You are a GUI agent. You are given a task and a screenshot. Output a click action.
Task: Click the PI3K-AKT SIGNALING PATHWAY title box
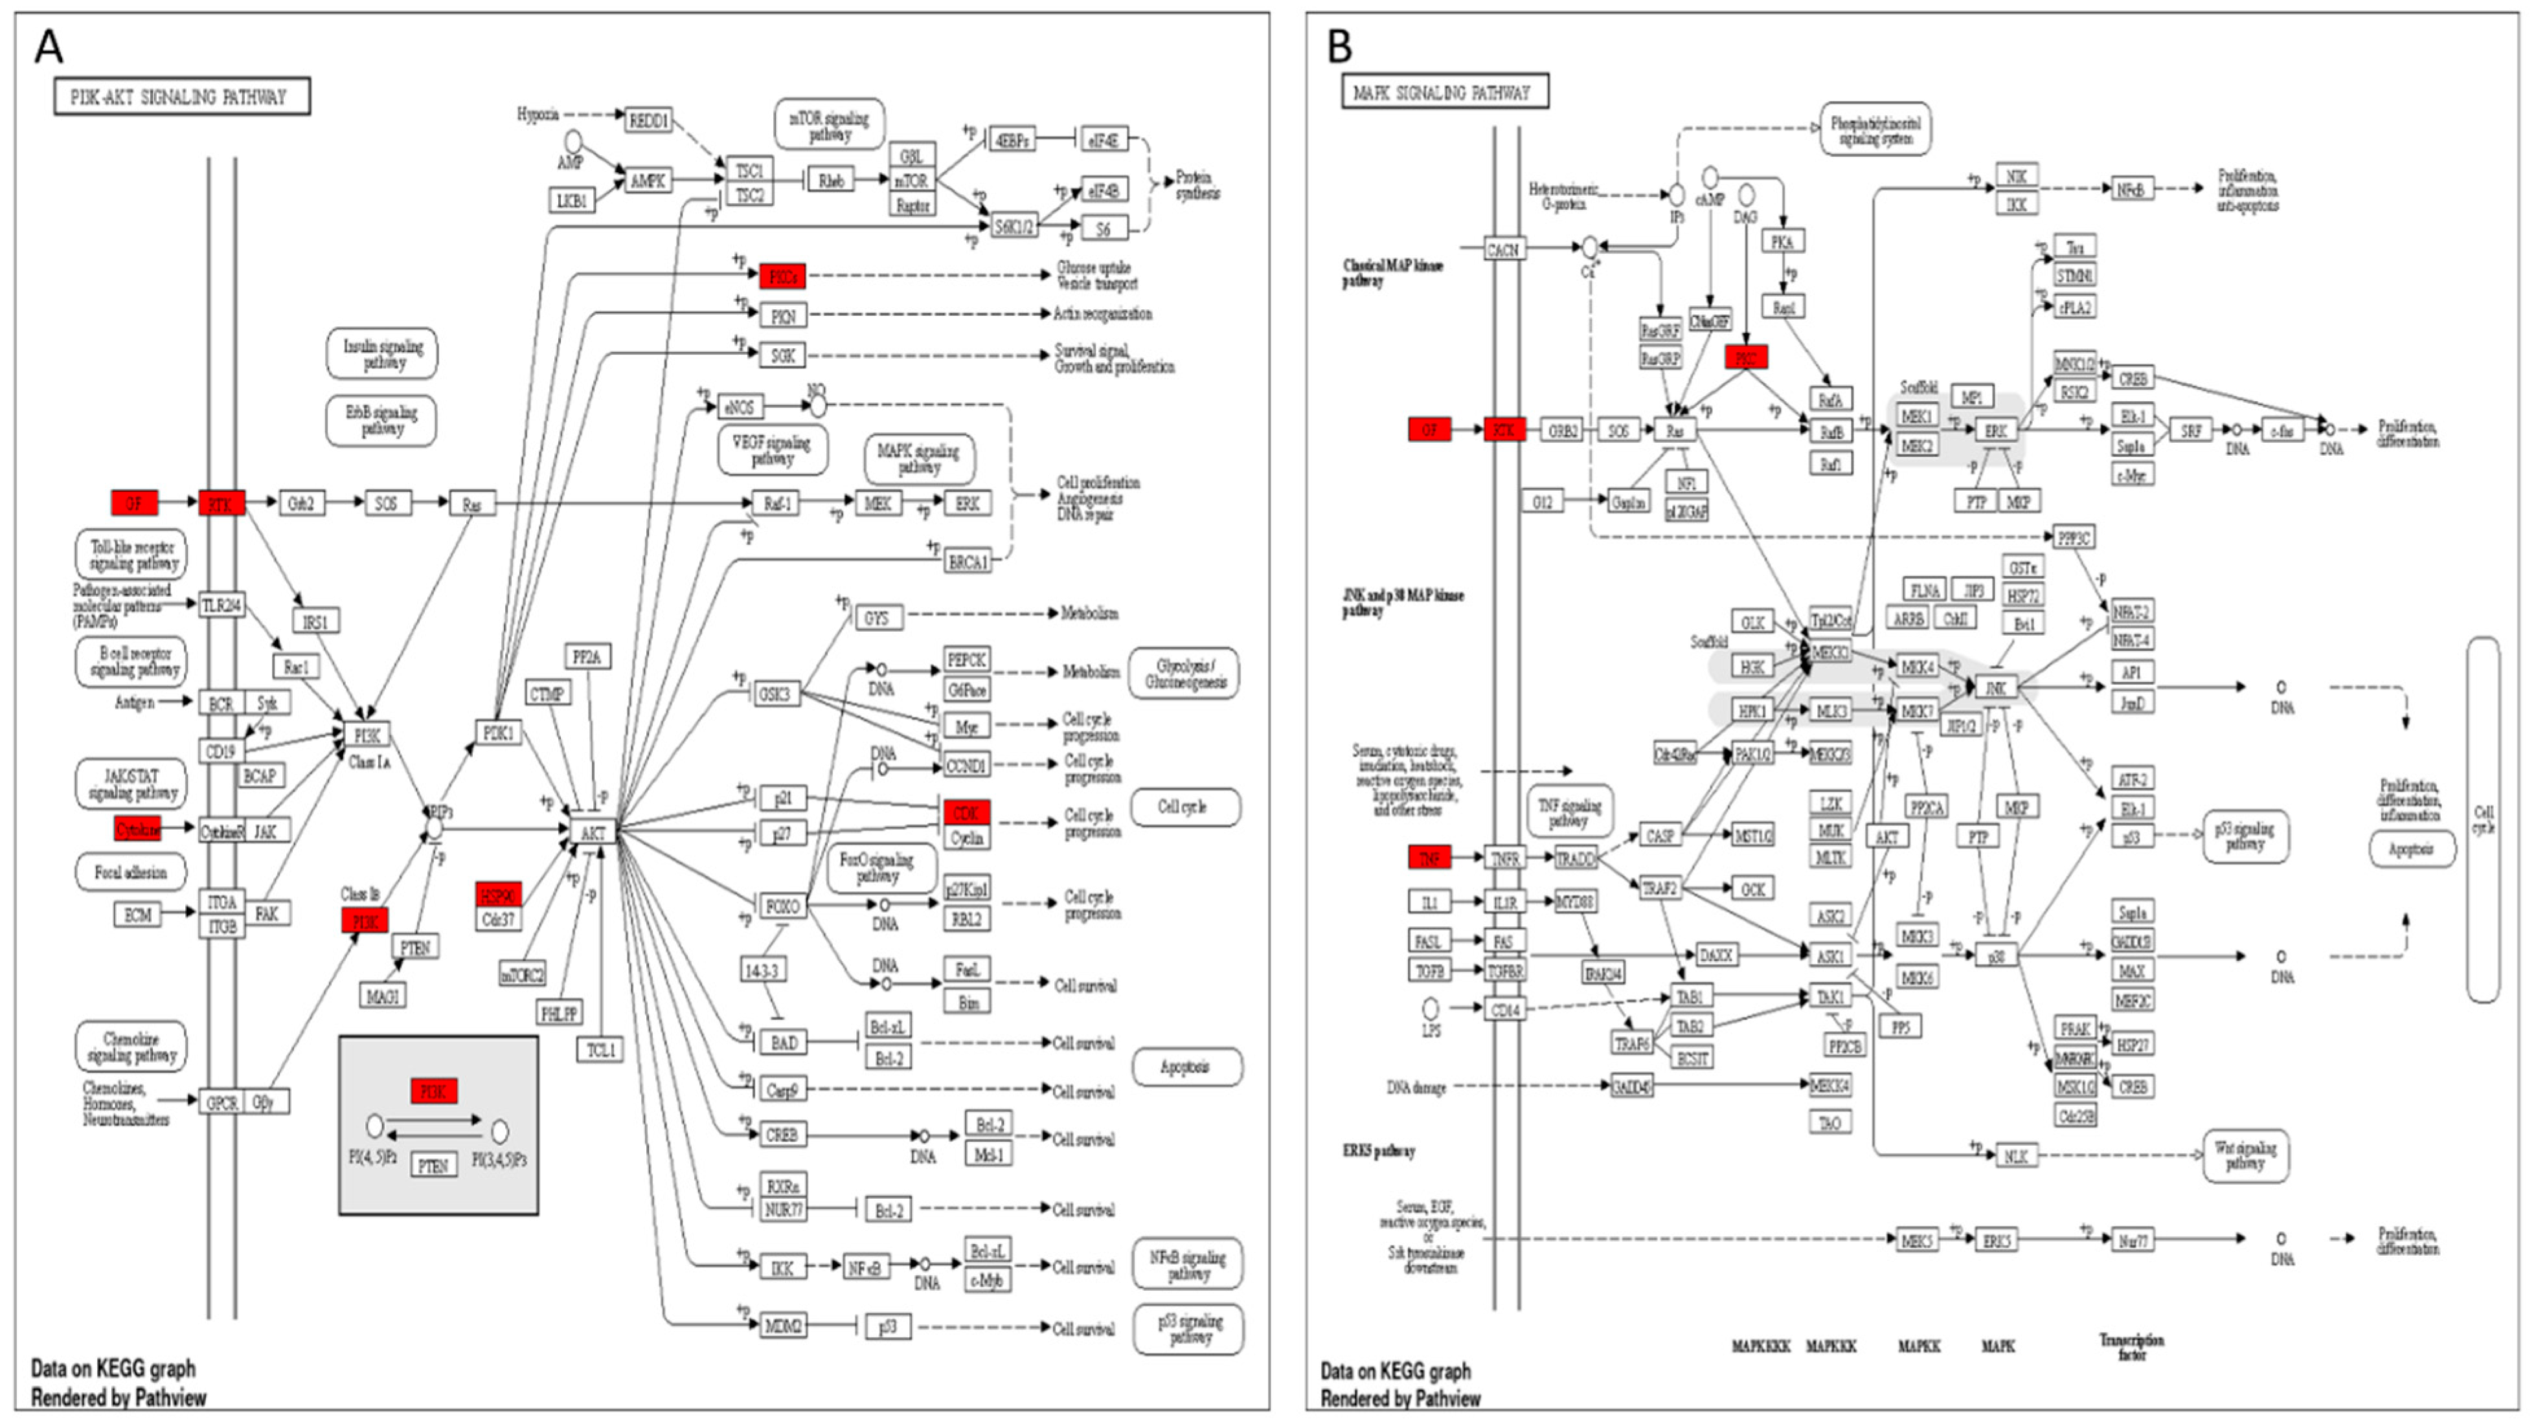181,96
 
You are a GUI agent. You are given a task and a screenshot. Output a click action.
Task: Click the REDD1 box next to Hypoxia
649,120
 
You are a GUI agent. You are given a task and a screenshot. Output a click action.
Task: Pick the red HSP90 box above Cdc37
498,895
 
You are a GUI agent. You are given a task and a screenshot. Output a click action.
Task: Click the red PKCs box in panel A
783,276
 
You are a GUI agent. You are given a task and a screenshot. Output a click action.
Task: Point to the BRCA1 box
967,562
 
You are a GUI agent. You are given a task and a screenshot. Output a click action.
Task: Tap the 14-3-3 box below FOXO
763,970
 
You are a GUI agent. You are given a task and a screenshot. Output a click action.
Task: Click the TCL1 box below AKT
600,1050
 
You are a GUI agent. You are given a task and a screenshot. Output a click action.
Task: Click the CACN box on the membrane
1503,250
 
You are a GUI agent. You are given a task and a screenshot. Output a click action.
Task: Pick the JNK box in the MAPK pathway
1995,688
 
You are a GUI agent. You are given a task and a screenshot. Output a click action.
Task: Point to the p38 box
1995,955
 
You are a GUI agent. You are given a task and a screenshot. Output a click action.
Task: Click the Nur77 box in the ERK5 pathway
2131,1240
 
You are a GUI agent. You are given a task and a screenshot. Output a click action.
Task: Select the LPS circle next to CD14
1431,1008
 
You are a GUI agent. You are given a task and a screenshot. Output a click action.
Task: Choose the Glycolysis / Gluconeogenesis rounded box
1184,673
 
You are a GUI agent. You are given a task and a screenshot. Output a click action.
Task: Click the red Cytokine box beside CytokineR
137,830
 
